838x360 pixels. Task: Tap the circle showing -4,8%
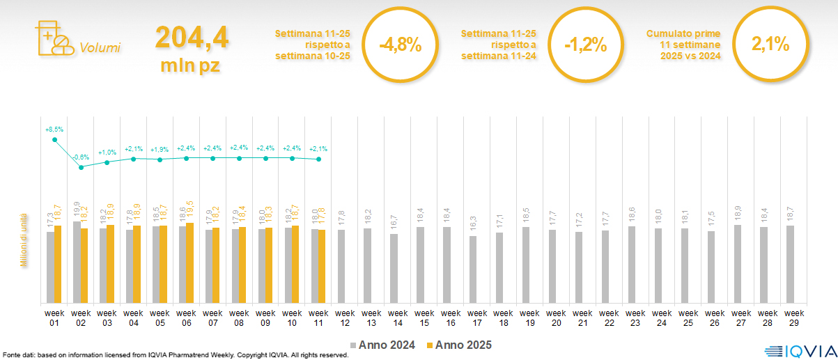[x=400, y=45]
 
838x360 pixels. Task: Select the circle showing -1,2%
[x=585, y=45]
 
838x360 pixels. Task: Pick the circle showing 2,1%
[x=770, y=45]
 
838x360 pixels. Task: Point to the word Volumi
[x=100, y=48]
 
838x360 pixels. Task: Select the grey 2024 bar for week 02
[x=77, y=262]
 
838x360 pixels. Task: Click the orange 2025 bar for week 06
[x=189, y=263]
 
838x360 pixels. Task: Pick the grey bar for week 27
[x=738, y=263]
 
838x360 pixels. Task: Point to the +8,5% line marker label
[x=54, y=130]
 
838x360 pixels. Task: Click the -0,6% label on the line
[x=82, y=157]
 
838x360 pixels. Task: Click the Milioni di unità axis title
[x=23, y=240]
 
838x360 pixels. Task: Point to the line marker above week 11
[x=318, y=159]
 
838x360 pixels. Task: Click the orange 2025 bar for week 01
[x=58, y=264]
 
